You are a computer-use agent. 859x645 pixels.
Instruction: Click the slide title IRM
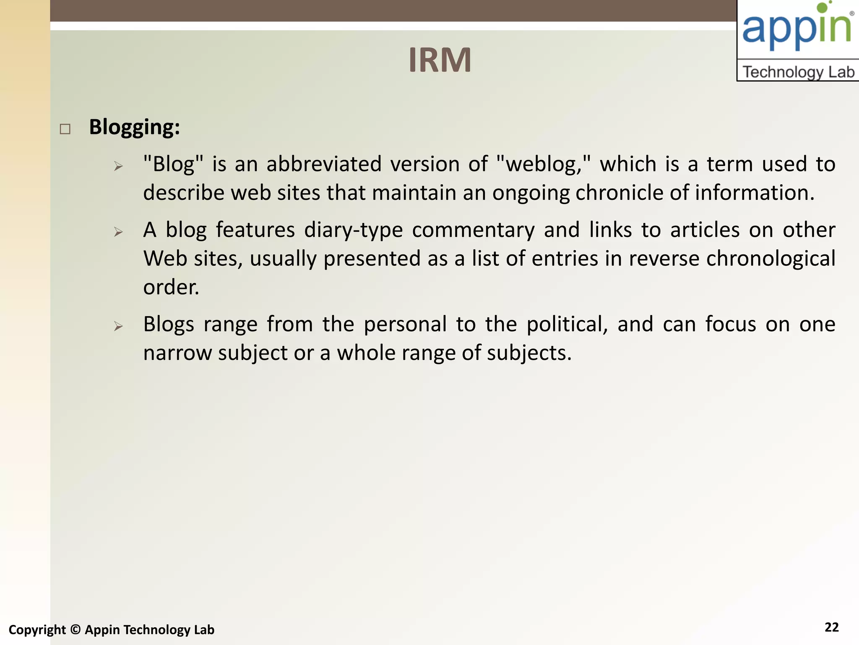point(440,60)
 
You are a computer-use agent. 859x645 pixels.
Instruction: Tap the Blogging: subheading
point(135,127)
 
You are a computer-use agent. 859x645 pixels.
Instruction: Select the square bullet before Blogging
point(65,129)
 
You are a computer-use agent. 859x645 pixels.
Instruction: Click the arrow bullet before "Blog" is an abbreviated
point(118,166)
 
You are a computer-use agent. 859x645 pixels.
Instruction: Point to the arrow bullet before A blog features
point(118,232)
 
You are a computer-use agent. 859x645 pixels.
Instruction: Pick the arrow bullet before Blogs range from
point(118,326)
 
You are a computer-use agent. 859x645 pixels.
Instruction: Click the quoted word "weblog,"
point(543,164)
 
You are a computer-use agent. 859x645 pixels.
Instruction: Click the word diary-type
point(353,230)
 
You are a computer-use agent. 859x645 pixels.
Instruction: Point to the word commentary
point(473,230)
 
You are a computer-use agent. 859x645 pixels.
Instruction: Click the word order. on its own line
point(171,288)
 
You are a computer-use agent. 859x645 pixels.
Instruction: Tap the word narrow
point(177,353)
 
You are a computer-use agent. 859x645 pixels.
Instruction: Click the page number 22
point(831,627)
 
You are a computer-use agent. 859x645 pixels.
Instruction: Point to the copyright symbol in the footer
point(75,629)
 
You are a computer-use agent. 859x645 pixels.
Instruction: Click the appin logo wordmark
point(797,28)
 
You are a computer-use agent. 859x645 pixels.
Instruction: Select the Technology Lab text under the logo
point(798,72)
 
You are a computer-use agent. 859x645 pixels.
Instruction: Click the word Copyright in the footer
point(37,630)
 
